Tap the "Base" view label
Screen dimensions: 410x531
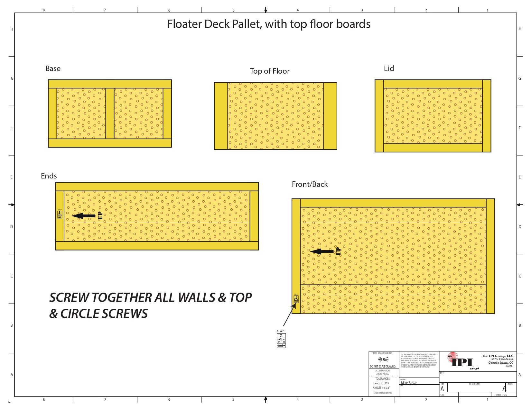coord(53,68)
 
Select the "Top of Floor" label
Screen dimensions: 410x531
coord(270,71)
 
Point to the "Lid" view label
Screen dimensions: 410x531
coord(389,68)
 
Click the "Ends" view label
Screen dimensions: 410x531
coord(49,176)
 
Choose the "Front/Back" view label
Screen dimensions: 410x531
coord(310,184)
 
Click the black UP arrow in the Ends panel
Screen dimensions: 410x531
coord(84,216)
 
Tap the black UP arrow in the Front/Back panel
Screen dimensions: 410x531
coord(322,251)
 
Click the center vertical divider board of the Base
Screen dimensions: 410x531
coord(110,114)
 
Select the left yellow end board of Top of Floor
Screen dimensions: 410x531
coord(221,116)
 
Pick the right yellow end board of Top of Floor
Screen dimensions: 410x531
coord(330,116)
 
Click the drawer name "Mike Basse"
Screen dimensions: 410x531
coord(409,383)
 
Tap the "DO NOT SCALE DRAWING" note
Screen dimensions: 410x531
coord(383,367)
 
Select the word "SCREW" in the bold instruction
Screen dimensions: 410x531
coord(69,298)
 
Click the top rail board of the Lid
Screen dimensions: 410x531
coord(433,84)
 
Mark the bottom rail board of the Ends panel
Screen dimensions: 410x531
coord(157,246)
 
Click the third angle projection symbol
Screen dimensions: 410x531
coord(383,359)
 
